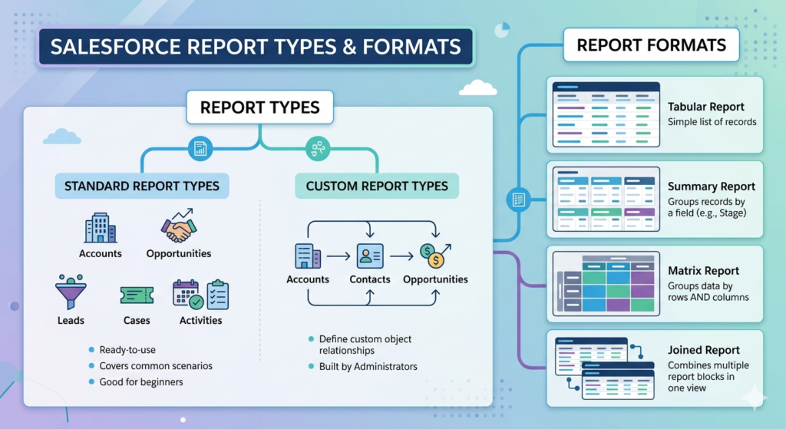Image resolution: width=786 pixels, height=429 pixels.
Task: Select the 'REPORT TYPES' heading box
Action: pyautogui.click(x=259, y=107)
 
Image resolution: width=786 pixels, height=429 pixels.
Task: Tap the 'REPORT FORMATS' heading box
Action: pyautogui.click(x=652, y=45)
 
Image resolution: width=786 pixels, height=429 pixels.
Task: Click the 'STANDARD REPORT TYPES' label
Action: pyautogui.click(x=141, y=186)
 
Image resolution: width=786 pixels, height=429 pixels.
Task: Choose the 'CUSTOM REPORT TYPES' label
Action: pyautogui.click(x=377, y=186)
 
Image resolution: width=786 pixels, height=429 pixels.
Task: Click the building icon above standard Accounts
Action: pyautogui.click(x=100, y=229)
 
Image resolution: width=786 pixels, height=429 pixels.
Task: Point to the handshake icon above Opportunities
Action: pyautogui.click(x=178, y=227)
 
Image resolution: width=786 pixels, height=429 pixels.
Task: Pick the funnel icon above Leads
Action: pyautogui.click(x=71, y=293)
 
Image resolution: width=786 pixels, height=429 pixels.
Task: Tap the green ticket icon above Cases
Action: pyautogui.click(x=137, y=295)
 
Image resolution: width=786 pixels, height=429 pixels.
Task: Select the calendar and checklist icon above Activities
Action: pyautogui.click(x=200, y=294)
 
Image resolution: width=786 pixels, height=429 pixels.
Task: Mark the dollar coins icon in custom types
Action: pyautogui.click(x=434, y=255)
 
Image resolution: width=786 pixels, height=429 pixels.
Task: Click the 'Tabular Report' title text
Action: pyautogui.click(x=705, y=107)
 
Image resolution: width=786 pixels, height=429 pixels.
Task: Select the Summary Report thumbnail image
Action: pyautogui.click(x=606, y=200)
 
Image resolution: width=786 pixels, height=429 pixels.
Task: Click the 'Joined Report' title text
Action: pyautogui.click(x=703, y=350)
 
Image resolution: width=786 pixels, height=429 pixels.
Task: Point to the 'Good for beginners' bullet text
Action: pyautogui.click(x=141, y=381)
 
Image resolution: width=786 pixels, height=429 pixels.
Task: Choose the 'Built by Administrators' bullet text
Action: pyautogui.click(x=368, y=366)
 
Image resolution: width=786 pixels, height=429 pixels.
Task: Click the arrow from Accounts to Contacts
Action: pyautogui.click(x=338, y=257)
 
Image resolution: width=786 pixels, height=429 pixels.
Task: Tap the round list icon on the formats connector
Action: pyautogui.click(x=518, y=200)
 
